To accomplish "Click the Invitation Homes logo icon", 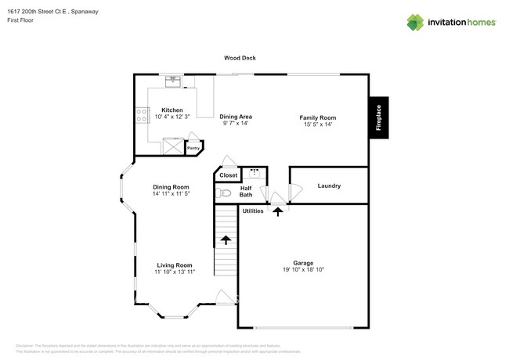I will pos(415,22).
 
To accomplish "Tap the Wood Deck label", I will pos(240,58).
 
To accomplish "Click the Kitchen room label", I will pos(172,110).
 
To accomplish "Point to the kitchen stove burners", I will pos(143,116).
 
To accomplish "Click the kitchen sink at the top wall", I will pos(174,81).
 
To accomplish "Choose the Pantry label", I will pos(193,147).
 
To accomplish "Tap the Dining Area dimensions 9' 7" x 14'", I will pos(236,123).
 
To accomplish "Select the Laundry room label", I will pos(328,185).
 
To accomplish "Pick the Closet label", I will pos(228,175).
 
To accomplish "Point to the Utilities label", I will pos(253,211).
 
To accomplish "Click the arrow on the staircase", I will pos(226,241).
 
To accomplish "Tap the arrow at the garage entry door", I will pos(278,211).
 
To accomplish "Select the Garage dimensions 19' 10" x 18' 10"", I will pos(303,269).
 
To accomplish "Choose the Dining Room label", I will pos(171,187).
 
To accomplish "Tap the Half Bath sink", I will pos(254,172).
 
